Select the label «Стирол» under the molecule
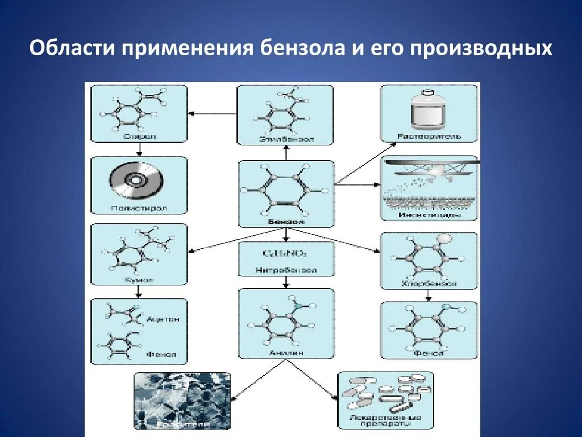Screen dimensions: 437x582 click(x=139, y=137)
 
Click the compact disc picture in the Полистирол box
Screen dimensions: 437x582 click(x=136, y=180)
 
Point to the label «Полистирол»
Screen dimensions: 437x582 click(x=139, y=209)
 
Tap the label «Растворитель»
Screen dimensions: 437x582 click(x=429, y=137)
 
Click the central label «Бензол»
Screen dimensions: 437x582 click(x=286, y=222)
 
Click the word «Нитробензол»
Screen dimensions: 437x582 click(x=286, y=270)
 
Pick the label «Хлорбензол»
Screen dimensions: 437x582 click(x=429, y=283)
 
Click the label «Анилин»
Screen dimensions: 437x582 click(x=286, y=353)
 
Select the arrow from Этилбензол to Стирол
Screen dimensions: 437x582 click(x=213, y=113)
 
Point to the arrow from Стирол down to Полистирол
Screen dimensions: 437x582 click(x=139, y=150)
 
